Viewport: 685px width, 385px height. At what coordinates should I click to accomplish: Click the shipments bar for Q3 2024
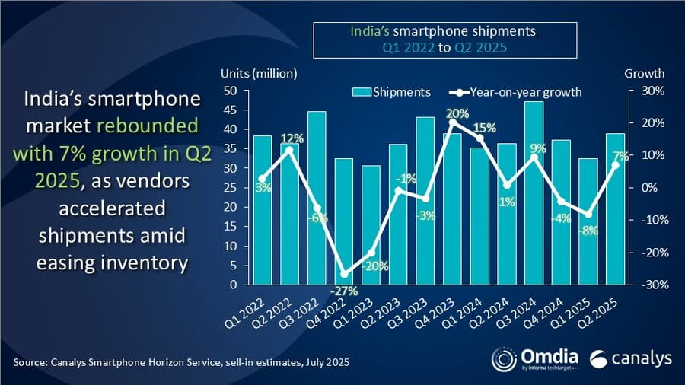pyautogui.click(x=534, y=193)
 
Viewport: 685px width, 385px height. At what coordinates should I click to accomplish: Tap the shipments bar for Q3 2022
pyautogui.click(x=317, y=198)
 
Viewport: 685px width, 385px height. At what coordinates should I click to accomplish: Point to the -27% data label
pyautogui.click(x=344, y=290)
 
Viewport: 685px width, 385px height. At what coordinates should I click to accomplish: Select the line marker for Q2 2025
pyautogui.click(x=616, y=165)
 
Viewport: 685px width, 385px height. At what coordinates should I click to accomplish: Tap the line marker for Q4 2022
pyautogui.click(x=344, y=274)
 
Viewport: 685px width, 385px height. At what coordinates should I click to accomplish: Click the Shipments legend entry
pyautogui.click(x=391, y=92)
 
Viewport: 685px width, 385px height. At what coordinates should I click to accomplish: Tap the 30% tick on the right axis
pyautogui.click(x=653, y=91)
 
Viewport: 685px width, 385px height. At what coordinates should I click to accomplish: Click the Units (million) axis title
pyautogui.click(x=259, y=74)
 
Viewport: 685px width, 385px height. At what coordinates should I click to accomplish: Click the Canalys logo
pyautogui.click(x=629, y=358)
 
